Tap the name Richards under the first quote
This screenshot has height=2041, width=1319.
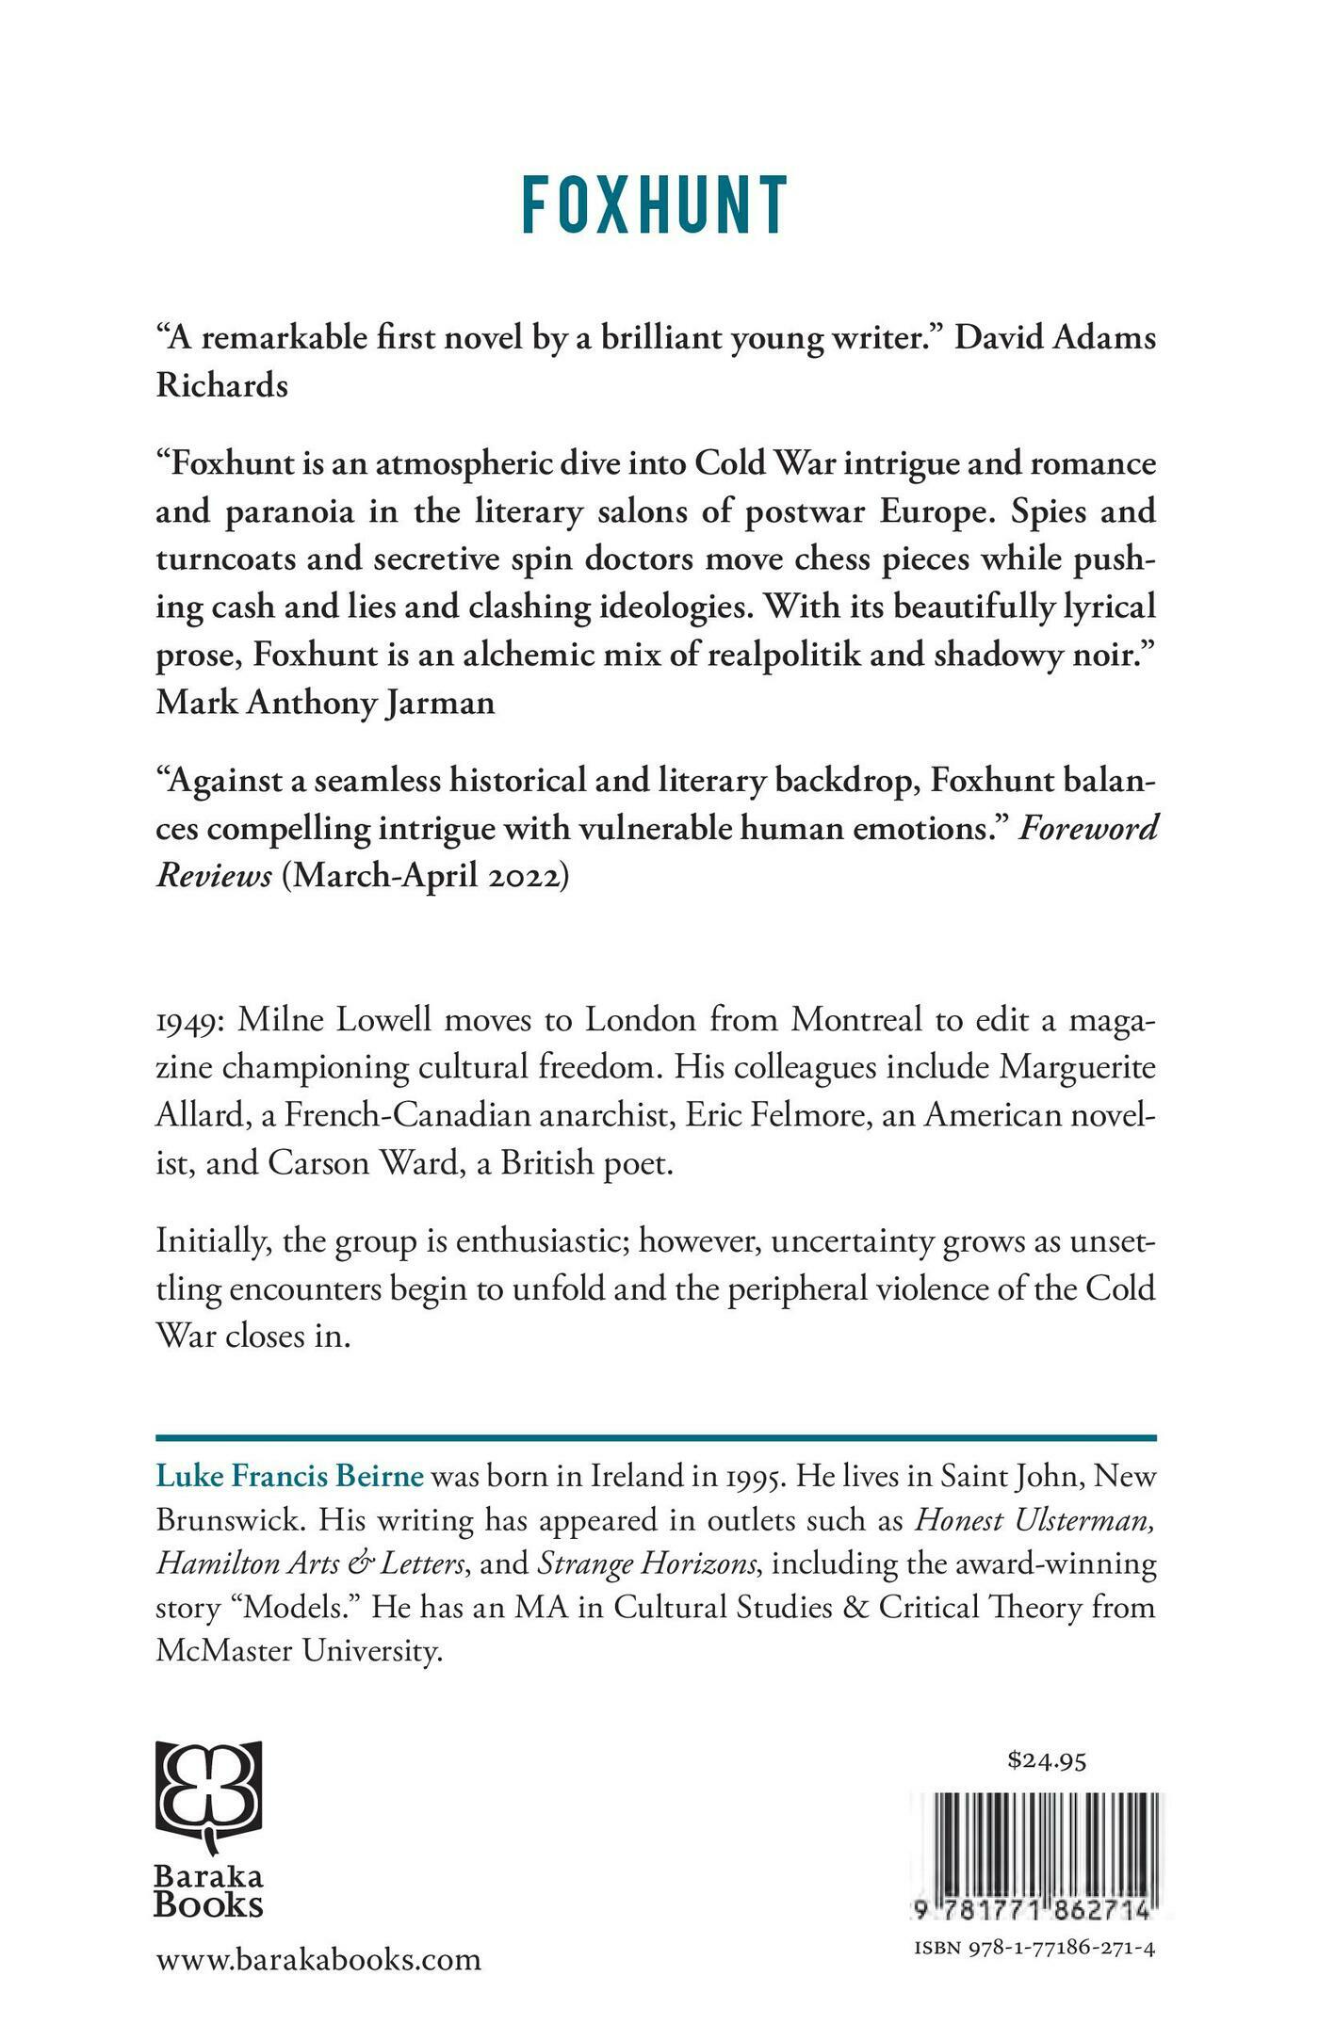pyautogui.click(x=222, y=385)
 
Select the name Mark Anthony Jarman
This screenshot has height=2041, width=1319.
pyautogui.click(x=325, y=703)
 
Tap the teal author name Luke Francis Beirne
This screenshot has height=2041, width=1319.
pyautogui.click(x=290, y=1475)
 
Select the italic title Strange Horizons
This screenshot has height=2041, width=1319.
pyautogui.click(x=648, y=1563)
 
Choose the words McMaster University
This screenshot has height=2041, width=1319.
pyautogui.click(x=299, y=1651)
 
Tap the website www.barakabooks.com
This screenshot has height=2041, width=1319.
pyautogui.click(x=318, y=1960)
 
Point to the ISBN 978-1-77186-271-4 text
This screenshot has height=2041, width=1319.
pyautogui.click(x=1034, y=1949)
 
